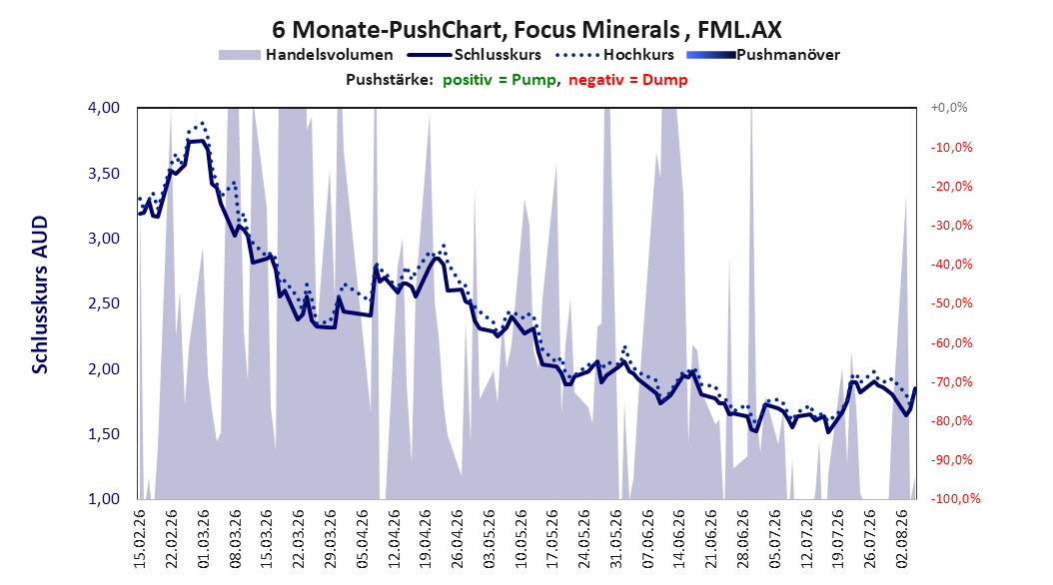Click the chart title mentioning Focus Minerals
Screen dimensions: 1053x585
[x=526, y=30]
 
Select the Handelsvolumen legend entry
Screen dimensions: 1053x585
[x=307, y=55]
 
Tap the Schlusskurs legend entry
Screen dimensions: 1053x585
[x=475, y=55]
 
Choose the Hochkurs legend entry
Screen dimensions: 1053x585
[x=614, y=55]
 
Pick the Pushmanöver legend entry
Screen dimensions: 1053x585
[x=763, y=55]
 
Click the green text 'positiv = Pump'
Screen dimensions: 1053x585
[x=500, y=80]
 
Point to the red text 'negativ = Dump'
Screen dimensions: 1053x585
[x=628, y=80]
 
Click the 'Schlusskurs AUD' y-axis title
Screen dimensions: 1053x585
[x=40, y=294]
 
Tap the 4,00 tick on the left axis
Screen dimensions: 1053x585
[x=104, y=108]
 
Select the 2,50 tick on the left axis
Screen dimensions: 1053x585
[x=104, y=303]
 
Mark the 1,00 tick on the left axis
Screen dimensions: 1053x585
[x=104, y=499]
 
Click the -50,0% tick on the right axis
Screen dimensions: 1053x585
[x=951, y=303]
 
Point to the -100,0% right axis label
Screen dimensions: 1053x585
[x=955, y=499]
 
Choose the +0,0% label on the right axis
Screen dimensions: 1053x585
[x=949, y=108]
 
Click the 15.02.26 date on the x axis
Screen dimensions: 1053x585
[x=140, y=539]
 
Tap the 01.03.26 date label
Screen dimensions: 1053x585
[x=204, y=539]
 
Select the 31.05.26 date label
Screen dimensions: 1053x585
[x=616, y=539]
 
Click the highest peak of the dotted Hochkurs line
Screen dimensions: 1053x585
[x=202, y=124]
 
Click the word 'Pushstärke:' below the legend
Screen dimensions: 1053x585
[x=390, y=80]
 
